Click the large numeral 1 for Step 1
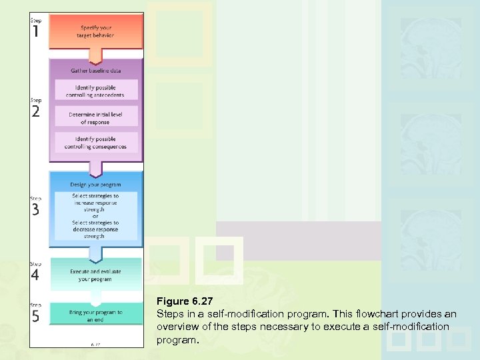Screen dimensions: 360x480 [36, 31]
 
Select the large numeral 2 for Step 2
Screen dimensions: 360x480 [36, 112]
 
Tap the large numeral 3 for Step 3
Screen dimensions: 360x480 [36, 209]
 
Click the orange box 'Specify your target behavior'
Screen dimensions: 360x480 [96, 31]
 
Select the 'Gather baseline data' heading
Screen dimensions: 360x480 [96, 71]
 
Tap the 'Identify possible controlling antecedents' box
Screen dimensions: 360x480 [96, 91]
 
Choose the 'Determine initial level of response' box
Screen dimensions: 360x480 [96, 119]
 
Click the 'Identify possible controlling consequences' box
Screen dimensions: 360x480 [96, 143]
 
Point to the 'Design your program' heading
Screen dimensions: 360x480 [96, 185]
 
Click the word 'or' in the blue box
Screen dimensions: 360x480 [95, 216]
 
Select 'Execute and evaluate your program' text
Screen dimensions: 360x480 [96, 275]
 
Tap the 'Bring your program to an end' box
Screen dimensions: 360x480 [96, 315]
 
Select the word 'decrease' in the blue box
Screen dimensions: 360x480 [86, 229]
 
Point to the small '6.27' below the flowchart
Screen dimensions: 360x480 [95, 344]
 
